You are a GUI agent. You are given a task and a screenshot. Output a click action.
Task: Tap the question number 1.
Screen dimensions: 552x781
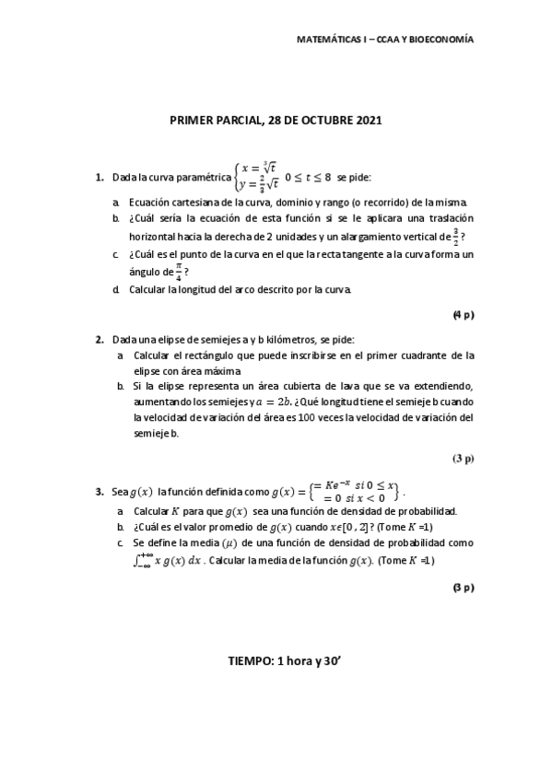(99, 175)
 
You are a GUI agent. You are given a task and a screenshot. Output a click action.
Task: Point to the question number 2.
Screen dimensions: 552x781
(99, 339)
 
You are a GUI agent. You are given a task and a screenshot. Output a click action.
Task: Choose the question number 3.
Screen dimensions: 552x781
(99, 492)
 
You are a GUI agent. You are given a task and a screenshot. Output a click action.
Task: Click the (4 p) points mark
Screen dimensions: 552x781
(463, 315)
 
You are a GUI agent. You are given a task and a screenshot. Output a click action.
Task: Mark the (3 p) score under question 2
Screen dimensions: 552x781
(463, 458)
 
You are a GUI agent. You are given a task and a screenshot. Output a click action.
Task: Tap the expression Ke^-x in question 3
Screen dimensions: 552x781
(332, 485)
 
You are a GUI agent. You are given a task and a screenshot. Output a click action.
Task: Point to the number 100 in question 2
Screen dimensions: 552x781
(311, 417)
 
